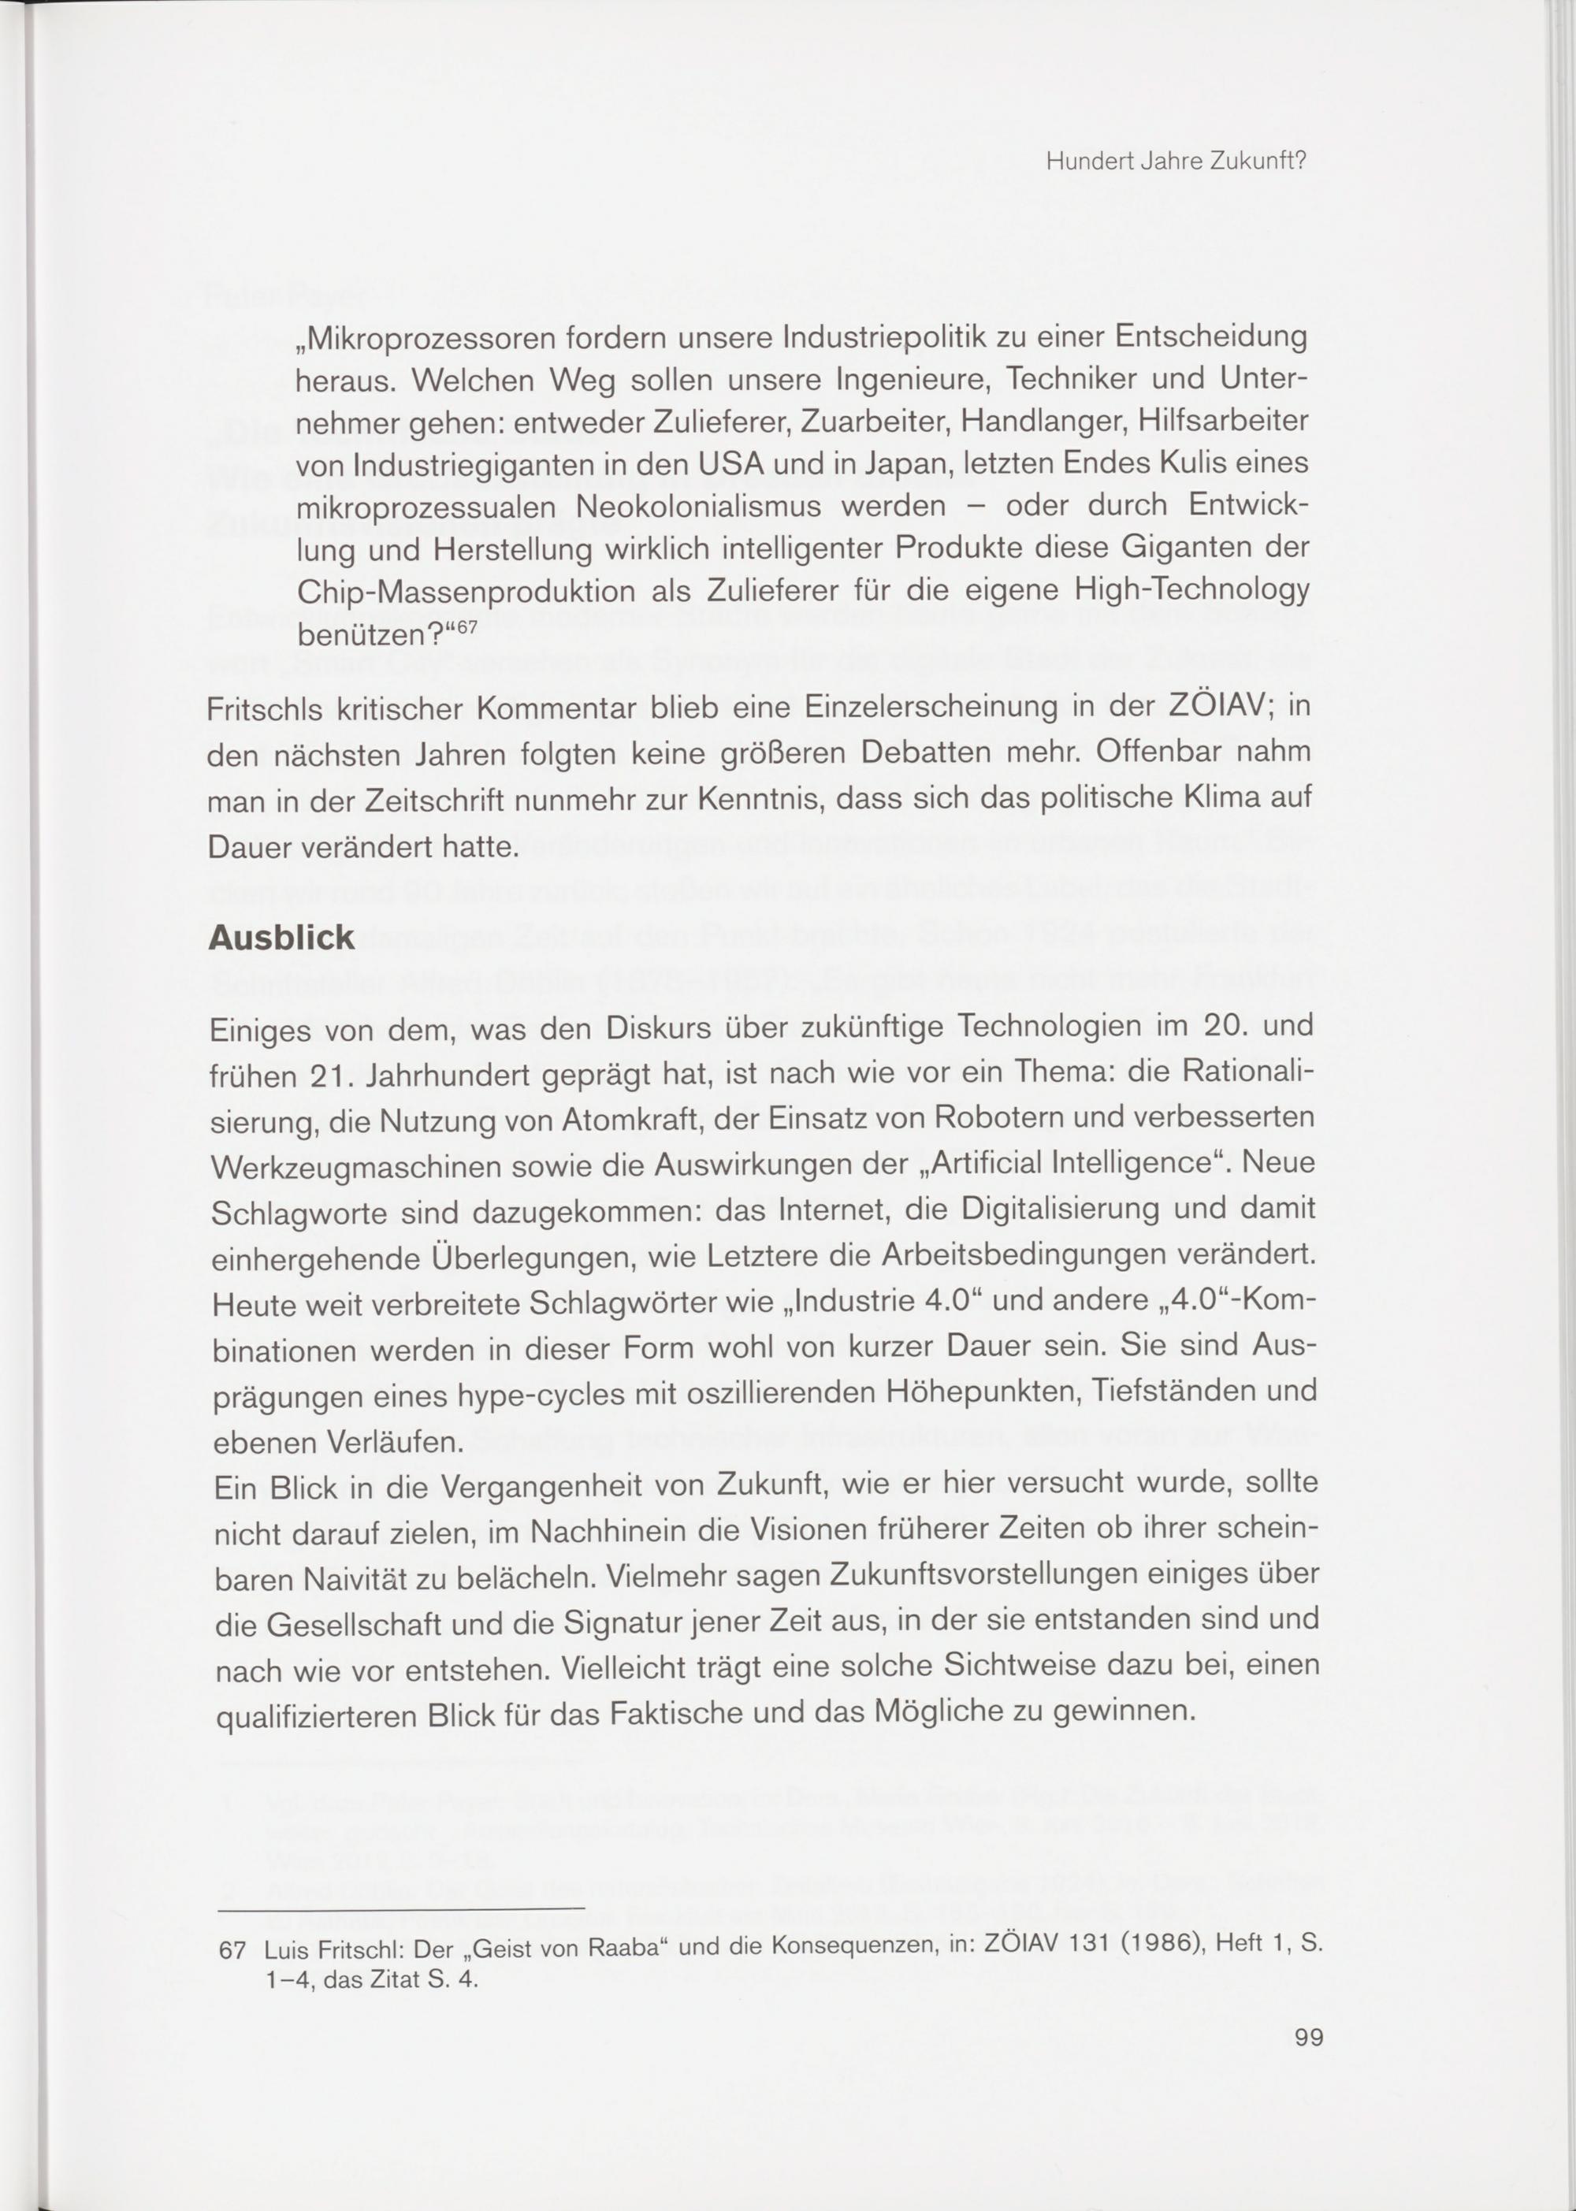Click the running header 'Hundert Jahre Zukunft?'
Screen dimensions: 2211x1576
(x=1177, y=163)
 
